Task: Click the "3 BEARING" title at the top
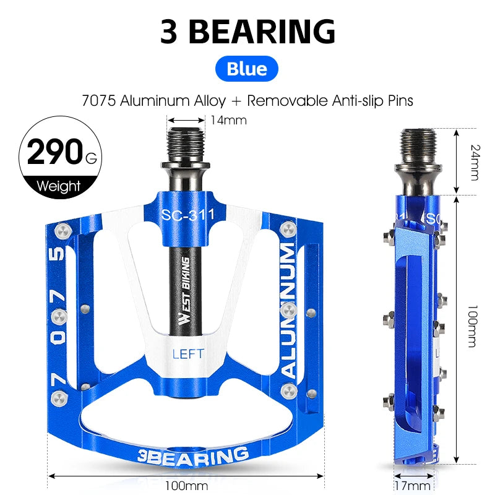pyautogui.click(x=247, y=31)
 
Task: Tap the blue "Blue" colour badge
pyautogui.click(x=247, y=69)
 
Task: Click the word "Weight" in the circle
pyautogui.click(x=59, y=185)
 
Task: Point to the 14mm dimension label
pyautogui.click(x=228, y=120)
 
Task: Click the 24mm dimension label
pyautogui.click(x=474, y=161)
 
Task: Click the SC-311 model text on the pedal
pyautogui.click(x=187, y=215)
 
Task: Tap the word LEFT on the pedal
pyautogui.click(x=187, y=354)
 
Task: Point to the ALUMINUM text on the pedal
pyautogui.click(x=289, y=309)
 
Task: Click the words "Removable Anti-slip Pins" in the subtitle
pyautogui.click(x=335, y=100)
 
